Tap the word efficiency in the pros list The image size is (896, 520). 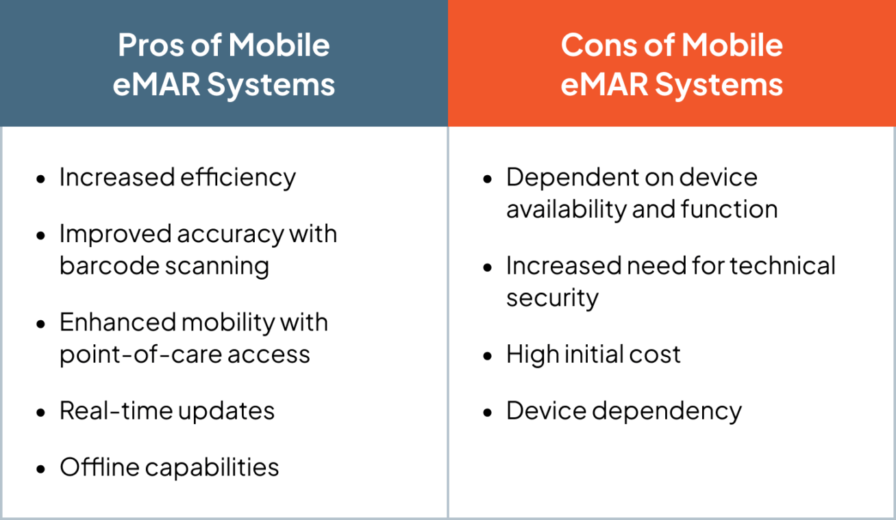point(238,177)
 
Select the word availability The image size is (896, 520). point(564,209)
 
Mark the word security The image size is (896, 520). point(552,298)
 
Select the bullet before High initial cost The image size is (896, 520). point(488,356)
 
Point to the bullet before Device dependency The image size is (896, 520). point(488,413)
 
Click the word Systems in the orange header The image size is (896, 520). point(719,85)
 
